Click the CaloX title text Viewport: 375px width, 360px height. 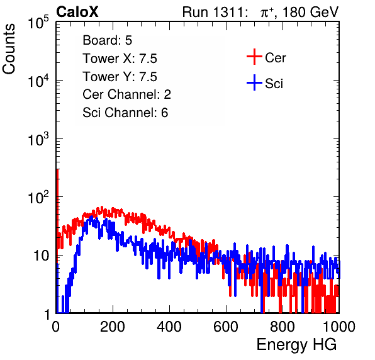click(x=77, y=12)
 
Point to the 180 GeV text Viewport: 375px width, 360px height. click(x=310, y=12)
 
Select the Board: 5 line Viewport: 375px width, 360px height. click(x=108, y=40)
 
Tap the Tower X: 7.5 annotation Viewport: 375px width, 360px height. click(x=120, y=59)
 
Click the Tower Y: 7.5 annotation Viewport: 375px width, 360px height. click(x=120, y=77)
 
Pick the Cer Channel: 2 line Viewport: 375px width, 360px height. click(x=126, y=94)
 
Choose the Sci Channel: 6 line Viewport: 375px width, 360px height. click(x=125, y=113)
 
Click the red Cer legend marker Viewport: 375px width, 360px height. click(x=254, y=57)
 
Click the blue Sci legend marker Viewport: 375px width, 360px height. click(x=254, y=83)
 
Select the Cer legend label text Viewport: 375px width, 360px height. click(x=275, y=58)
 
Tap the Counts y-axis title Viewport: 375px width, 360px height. click(x=9, y=49)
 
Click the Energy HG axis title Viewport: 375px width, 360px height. click(x=296, y=345)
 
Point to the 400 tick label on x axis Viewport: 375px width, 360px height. click(x=169, y=327)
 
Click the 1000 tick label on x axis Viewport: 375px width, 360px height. click(x=339, y=327)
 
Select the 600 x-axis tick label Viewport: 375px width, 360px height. click(x=226, y=327)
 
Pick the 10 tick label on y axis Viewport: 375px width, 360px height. click(x=41, y=256)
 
